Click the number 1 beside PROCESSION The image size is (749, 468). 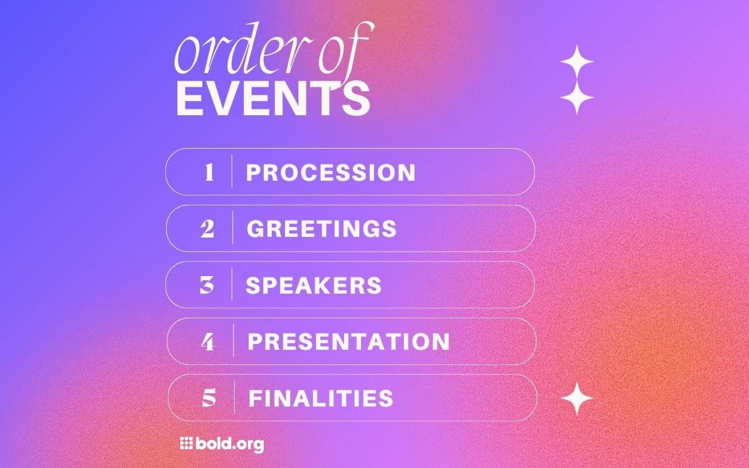click(209, 173)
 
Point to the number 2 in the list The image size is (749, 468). click(208, 229)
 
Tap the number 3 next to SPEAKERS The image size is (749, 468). click(207, 285)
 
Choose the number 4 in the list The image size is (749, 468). click(208, 342)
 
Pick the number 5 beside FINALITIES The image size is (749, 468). click(209, 398)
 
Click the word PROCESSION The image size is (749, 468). click(331, 173)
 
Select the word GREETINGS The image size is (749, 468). click(322, 229)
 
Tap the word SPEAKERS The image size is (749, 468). click(314, 285)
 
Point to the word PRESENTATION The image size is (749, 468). click(349, 342)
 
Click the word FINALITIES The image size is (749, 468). click(321, 398)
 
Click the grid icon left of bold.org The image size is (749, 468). click(186, 443)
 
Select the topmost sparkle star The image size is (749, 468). click(577, 61)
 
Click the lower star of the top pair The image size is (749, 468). click(577, 97)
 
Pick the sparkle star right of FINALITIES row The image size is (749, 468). click(577, 398)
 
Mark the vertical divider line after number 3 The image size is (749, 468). click(232, 284)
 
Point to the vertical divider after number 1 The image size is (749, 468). click(232, 171)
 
